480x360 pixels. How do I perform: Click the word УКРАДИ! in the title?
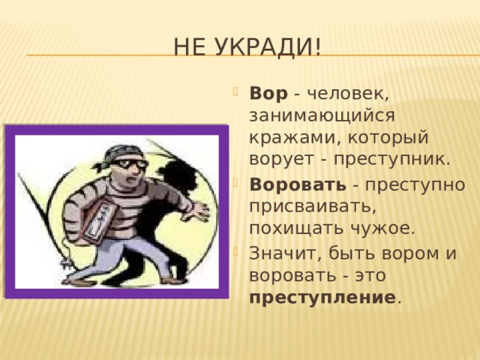pos(266,46)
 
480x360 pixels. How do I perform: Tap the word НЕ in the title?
pos(189,46)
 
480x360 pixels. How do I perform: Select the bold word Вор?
pos(268,93)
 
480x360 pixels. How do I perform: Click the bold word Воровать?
pos(298,184)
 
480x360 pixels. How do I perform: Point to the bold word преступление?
pos(322,298)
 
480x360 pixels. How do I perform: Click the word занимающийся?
pos(322,116)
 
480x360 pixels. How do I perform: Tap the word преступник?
pos(391,160)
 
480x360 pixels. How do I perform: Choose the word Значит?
pos(286,253)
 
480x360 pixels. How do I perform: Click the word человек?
pos(347,93)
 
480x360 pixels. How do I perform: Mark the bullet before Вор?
pos(235,91)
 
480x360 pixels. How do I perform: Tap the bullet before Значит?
pos(235,251)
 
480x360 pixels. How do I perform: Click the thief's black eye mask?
pos(129,163)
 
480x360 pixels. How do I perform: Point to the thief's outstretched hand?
pos(196,211)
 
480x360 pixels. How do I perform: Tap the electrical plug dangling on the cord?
pos(67,263)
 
